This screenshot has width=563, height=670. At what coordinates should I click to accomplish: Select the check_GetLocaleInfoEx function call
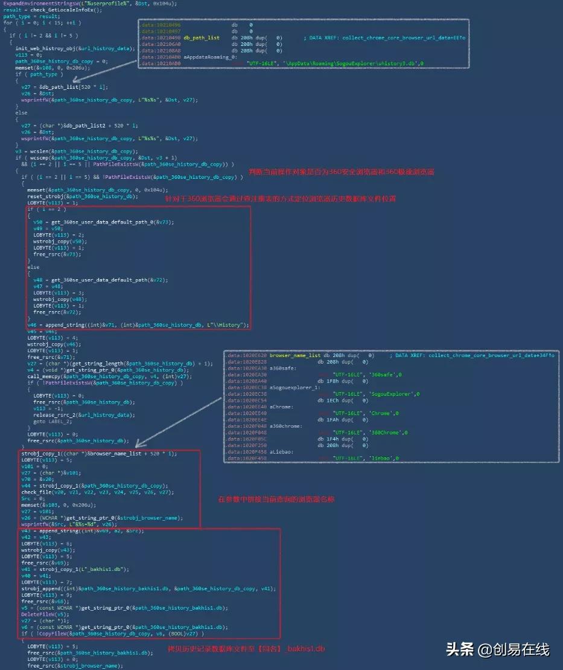pos(54,10)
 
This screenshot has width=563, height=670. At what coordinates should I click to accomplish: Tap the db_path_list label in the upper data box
pos(202,37)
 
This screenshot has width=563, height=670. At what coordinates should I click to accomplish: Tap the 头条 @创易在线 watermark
pos(498,649)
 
